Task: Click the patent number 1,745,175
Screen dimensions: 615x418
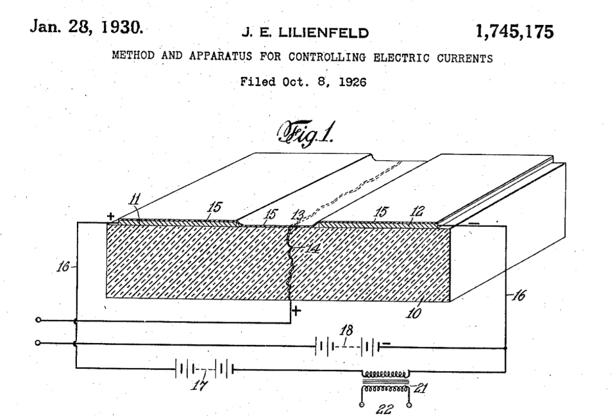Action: [x=514, y=31]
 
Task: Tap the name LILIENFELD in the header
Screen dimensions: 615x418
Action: [x=324, y=33]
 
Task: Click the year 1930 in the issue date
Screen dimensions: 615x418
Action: [x=122, y=27]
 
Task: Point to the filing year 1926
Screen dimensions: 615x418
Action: [x=352, y=82]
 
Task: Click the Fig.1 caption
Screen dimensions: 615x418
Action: [x=306, y=133]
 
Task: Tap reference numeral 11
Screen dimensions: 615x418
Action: [x=135, y=199]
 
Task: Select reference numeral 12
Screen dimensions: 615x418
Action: [x=417, y=212]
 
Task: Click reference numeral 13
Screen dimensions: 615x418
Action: [x=298, y=215]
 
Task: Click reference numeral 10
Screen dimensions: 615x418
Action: [x=414, y=313]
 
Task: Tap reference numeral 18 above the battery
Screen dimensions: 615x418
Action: [x=346, y=330]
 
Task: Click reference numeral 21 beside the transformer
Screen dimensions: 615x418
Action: [x=420, y=389]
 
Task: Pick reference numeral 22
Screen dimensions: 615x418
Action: [x=384, y=410]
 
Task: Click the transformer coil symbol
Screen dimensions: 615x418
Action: [x=385, y=380]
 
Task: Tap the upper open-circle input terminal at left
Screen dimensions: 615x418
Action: [x=38, y=320]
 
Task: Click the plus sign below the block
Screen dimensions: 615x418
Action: [x=296, y=312]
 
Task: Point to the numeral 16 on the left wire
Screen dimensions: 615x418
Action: [x=63, y=267]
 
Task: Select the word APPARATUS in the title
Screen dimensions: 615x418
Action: [x=221, y=56]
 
